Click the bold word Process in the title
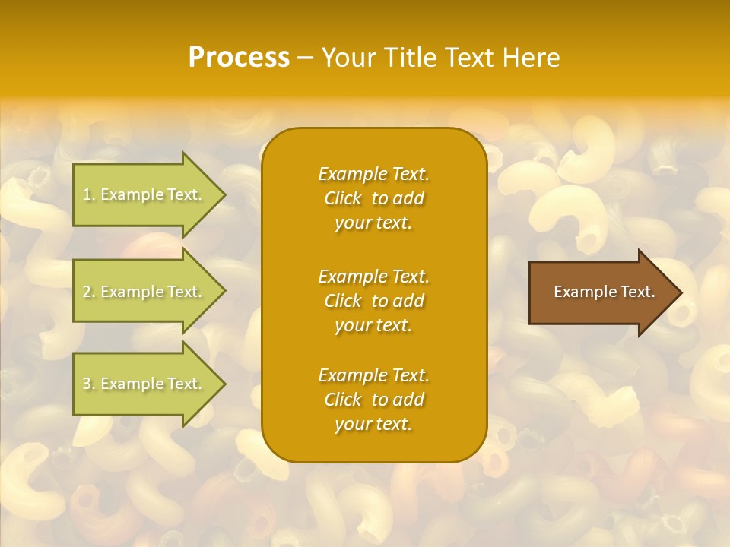[x=239, y=58]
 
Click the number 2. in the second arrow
[x=89, y=292]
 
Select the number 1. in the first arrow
[x=89, y=194]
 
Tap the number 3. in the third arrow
[x=89, y=384]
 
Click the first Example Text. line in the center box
[x=373, y=174]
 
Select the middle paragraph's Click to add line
[x=373, y=301]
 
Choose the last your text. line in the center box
[x=373, y=425]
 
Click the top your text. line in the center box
[x=373, y=223]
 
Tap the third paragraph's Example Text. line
[x=373, y=375]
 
